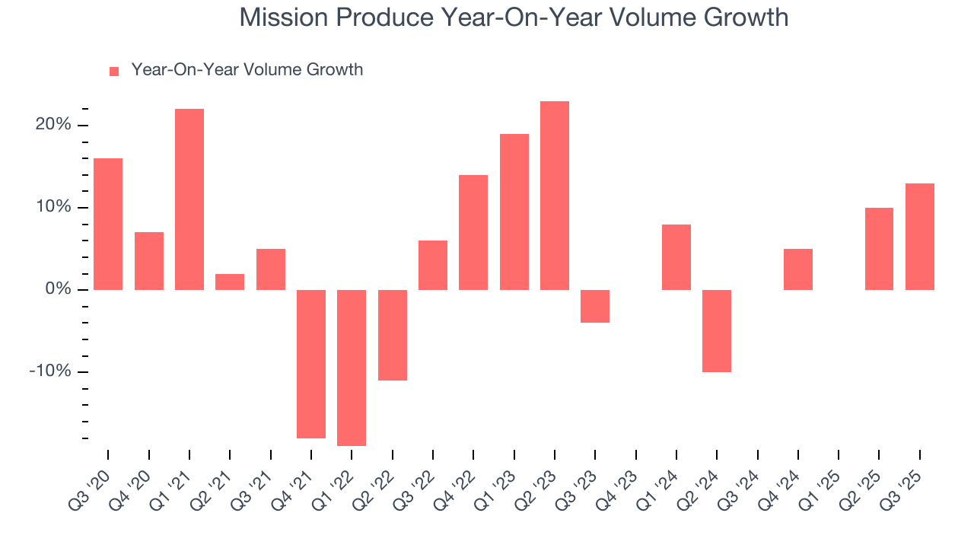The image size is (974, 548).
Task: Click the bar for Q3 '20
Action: tap(108, 224)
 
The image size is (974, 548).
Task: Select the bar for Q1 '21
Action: tap(189, 199)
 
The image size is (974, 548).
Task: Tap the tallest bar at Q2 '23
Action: tap(555, 196)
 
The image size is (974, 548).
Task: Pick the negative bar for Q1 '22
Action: tap(352, 368)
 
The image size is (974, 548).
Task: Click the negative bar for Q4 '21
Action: tap(311, 364)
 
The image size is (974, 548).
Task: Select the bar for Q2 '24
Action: tap(717, 331)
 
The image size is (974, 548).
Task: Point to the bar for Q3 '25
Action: tap(920, 237)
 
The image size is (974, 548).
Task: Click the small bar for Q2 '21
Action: tap(230, 282)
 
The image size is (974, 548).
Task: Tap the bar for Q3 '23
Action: tap(595, 306)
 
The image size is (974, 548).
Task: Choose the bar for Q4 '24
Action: tap(798, 269)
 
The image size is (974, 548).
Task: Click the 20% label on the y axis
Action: tap(54, 125)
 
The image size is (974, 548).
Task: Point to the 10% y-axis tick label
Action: tap(54, 207)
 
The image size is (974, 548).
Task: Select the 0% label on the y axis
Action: tap(59, 289)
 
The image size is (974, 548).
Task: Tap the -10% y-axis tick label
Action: tap(51, 371)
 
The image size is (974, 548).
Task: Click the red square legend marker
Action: tap(114, 71)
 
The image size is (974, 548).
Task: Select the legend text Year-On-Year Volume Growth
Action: tap(247, 70)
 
